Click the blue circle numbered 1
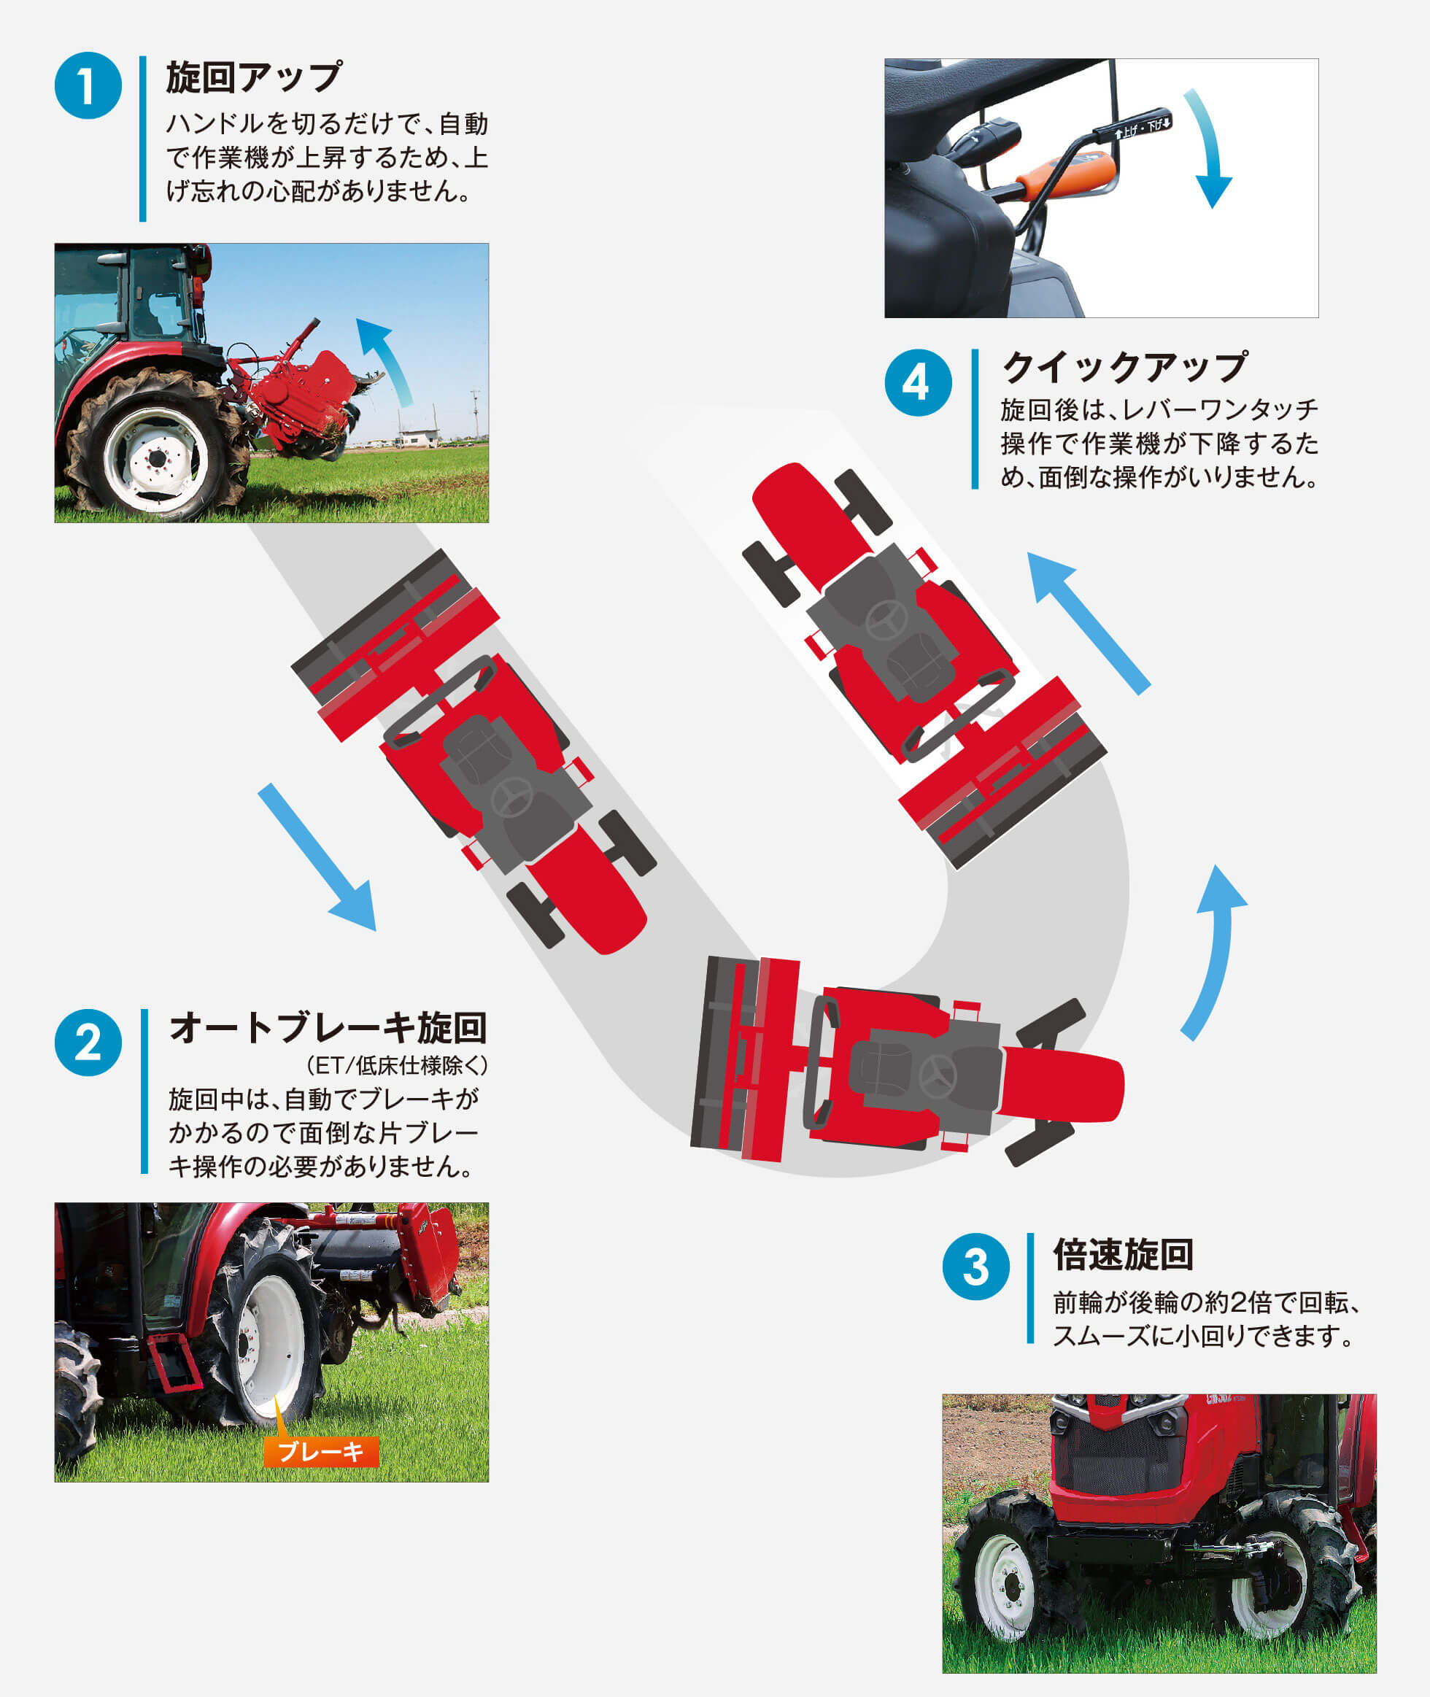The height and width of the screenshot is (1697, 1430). (88, 86)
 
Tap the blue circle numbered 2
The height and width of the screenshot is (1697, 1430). (88, 1043)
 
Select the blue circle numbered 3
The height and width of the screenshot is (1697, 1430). (976, 1267)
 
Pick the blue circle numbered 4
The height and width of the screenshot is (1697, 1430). (919, 383)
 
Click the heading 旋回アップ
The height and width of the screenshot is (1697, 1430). (254, 78)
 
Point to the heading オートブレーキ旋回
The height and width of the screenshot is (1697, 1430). (328, 1028)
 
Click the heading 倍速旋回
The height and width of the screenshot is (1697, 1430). (1123, 1254)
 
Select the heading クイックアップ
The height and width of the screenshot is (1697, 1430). (1125, 367)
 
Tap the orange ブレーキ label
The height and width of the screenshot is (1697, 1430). (321, 1450)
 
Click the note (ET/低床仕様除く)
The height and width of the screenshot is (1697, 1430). (397, 1065)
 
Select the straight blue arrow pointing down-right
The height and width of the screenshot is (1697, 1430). (319, 858)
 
